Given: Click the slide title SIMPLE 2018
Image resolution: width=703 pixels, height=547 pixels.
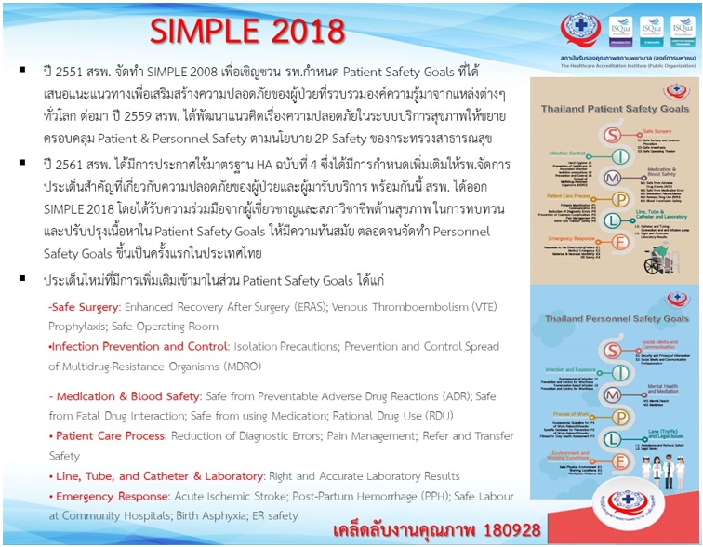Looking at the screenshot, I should pos(247,30).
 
